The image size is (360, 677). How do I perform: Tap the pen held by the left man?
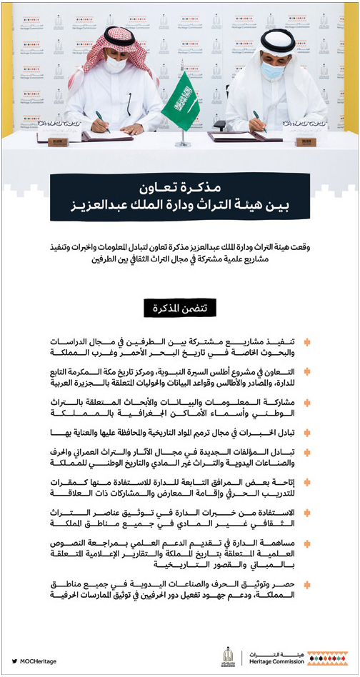[x=103, y=121]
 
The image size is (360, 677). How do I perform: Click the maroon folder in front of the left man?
[x=107, y=136]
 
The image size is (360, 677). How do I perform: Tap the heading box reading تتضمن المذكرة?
[x=180, y=308]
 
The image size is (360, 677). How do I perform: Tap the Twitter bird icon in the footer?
[x=15, y=661]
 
